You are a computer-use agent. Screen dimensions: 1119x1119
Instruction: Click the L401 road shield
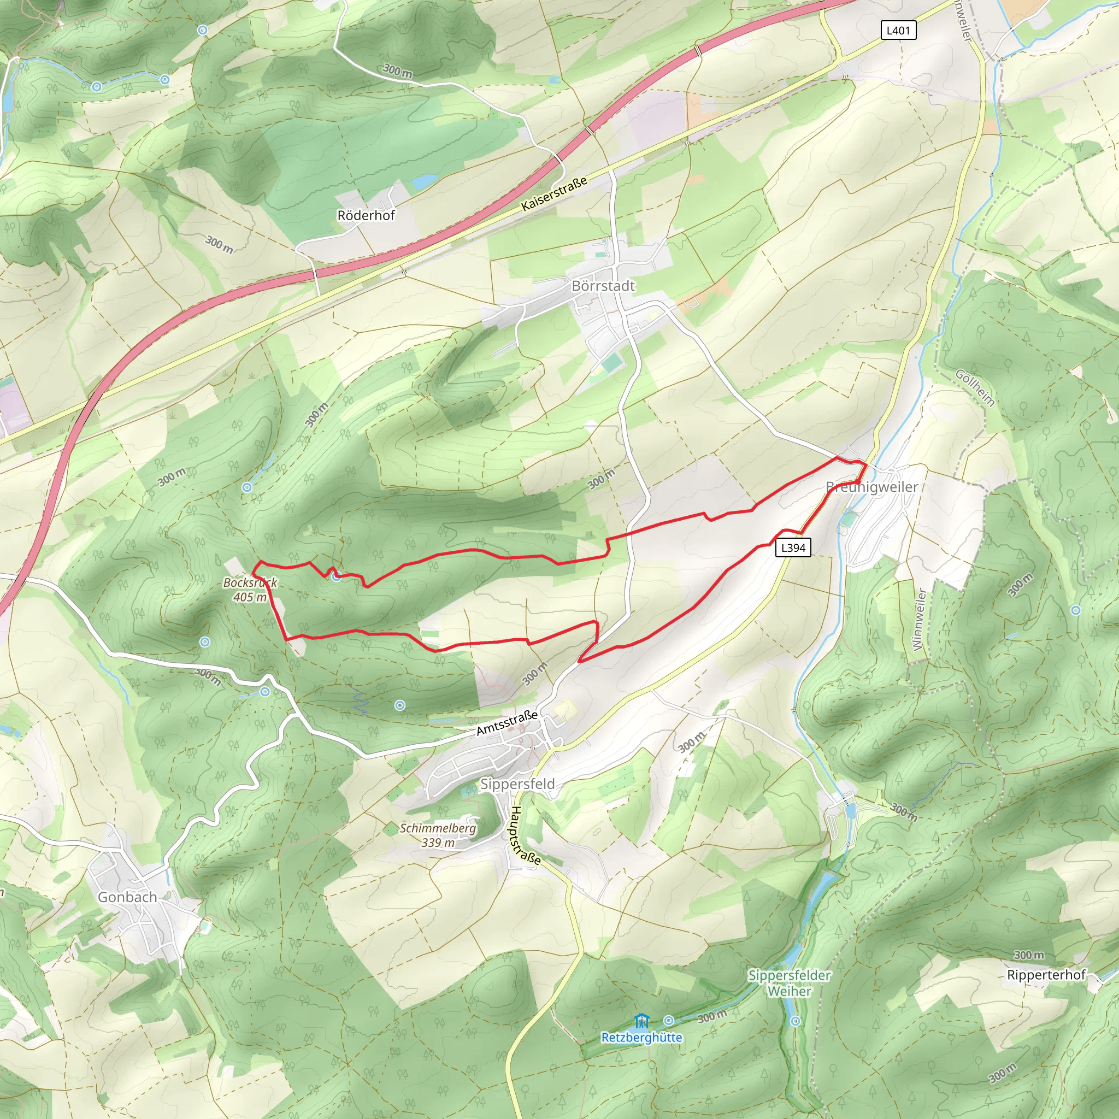(x=898, y=30)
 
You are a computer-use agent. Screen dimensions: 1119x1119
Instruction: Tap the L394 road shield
(x=793, y=547)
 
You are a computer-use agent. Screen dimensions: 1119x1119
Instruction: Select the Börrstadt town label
(x=603, y=286)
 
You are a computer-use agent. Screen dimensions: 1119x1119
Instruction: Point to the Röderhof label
(x=366, y=215)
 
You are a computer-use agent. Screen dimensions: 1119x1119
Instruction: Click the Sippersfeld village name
(x=517, y=784)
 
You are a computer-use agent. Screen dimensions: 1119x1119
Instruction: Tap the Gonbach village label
(x=127, y=897)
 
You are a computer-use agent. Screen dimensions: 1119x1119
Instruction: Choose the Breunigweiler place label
(x=871, y=487)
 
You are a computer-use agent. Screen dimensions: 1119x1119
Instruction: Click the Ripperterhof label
(x=1046, y=975)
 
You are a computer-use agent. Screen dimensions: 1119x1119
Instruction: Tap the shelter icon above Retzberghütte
(x=641, y=1021)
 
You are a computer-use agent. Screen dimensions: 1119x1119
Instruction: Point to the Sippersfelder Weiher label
(x=790, y=983)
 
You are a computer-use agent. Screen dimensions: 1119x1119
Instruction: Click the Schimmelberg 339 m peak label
(x=438, y=835)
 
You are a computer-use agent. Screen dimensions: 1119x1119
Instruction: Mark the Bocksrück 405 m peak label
(x=250, y=590)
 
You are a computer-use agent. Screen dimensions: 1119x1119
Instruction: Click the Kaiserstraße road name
(x=553, y=193)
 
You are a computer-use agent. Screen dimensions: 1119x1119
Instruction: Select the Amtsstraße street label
(x=507, y=723)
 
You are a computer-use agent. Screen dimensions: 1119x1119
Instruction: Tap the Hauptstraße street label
(x=525, y=836)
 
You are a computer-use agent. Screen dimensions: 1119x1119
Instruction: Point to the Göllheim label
(x=975, y=387)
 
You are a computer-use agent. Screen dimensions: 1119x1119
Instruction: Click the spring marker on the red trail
(x=337, y=576)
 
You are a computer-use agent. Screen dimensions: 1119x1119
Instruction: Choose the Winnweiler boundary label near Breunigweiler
(x=919, y=619)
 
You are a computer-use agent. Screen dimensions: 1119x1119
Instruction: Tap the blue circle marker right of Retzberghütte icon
(x=668, y=1021)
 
